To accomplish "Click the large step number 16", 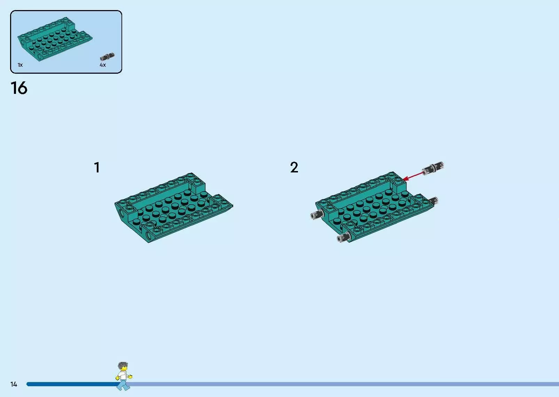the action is click(19, 88).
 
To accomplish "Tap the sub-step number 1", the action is click(97, 167).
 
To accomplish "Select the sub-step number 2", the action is click(294, 167).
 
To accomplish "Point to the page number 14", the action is click(14, 384).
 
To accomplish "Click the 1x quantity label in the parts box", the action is click(20, 65).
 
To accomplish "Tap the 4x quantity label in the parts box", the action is click(103, 65).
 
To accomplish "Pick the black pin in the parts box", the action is click(107, 57).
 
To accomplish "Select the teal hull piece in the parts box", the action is click(55, 39).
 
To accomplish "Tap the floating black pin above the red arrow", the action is click(433, 168).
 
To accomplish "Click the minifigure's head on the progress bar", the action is click(123, 367).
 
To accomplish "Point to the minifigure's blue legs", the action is click(124, 385).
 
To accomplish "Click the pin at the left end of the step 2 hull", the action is click(317, 214).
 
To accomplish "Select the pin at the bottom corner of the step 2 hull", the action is click(344, 237).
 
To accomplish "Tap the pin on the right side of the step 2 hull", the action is click(434, 201).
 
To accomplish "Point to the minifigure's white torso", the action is click(123, 375).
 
